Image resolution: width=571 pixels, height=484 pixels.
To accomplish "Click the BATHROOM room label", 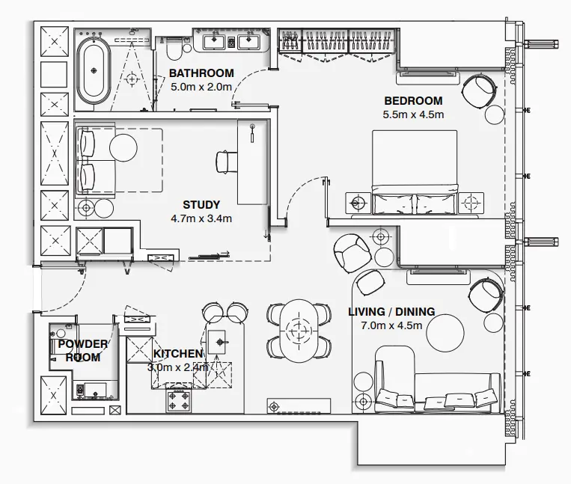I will [201, 73].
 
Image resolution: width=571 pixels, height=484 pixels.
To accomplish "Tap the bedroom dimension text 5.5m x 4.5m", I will [414, 114].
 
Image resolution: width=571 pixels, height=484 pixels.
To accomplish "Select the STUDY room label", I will [201, 204].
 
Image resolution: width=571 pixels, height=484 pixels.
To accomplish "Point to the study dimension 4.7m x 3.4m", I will [201, 218].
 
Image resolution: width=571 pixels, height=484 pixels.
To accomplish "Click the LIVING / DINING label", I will [391, 311].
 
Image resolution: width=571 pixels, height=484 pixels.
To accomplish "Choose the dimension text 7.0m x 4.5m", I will [391, 325].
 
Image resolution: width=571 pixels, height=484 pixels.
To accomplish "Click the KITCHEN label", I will [178, 353].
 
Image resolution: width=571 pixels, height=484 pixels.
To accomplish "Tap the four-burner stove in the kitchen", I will [181, 400].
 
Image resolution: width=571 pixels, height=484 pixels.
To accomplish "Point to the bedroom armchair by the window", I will [478, 91].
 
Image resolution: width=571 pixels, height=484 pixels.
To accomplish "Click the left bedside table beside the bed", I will [359, 202].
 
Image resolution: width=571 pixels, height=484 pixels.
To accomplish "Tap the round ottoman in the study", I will [123, 147].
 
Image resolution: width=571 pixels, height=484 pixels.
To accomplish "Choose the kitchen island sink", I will [220, 343].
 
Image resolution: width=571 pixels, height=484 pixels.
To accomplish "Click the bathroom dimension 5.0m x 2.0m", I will [201, 87].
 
